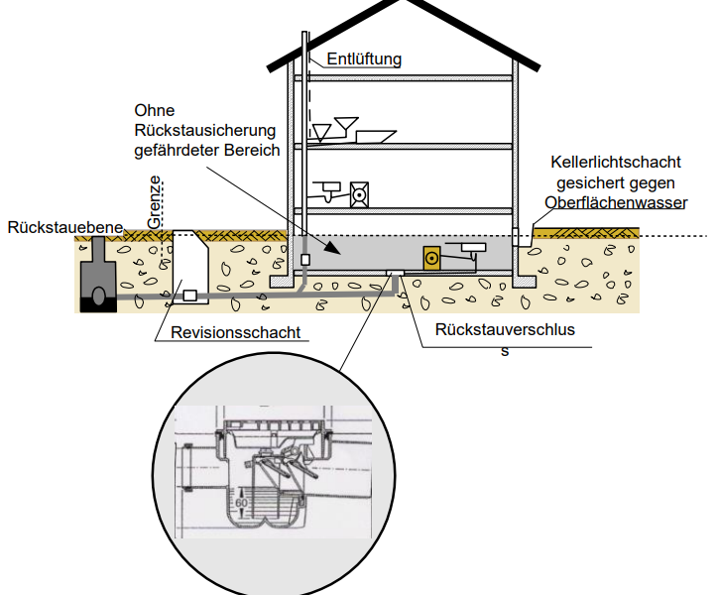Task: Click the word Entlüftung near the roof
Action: click(x=364, y=59)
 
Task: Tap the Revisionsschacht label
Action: click(x=235, y=332)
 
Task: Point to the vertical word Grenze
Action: click(x=155, y=202)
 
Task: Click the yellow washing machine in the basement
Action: click(x=431, y=258)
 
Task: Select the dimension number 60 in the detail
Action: click(x=240, y=503)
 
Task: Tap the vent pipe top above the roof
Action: click(x=304, y=38)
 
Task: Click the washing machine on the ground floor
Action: click(x=359, y=193)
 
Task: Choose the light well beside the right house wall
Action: click(x=522, y=239)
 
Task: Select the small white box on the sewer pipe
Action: click(x=190, y=296)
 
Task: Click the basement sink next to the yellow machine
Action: click(x=473, y=249)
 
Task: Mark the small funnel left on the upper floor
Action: click(x=322, y=131)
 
